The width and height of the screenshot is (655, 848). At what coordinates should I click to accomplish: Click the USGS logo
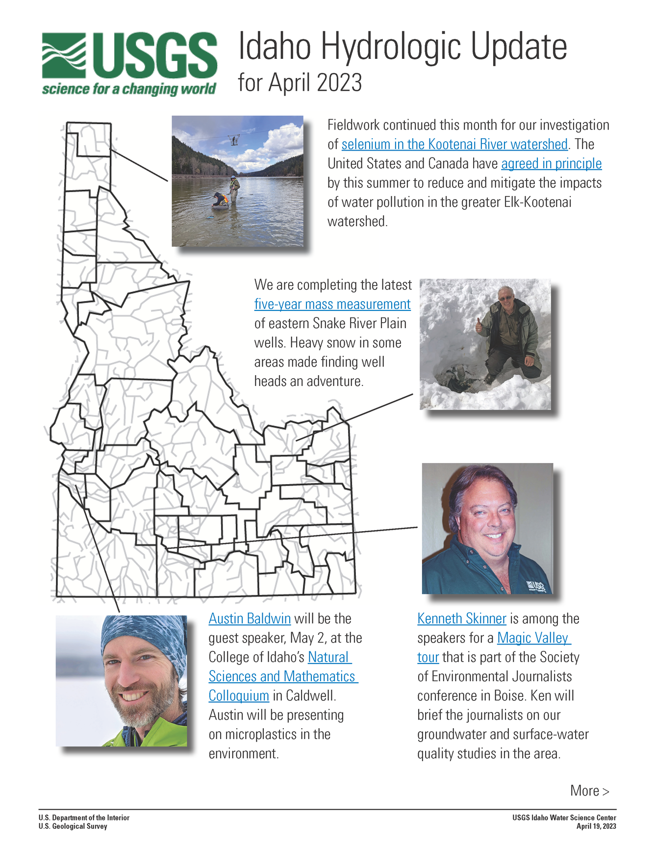click(x=129, y=62)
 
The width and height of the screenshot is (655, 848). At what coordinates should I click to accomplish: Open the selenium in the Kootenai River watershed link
click(x=454, y=144)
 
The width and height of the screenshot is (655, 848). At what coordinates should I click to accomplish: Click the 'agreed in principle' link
click(x=551, y=163)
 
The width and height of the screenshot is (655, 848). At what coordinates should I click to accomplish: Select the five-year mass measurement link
click(x=332, y=304)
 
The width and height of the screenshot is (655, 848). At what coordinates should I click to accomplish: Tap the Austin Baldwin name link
click(x=250, y=618)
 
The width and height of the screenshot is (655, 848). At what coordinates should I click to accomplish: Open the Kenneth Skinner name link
click(x=461, y=618)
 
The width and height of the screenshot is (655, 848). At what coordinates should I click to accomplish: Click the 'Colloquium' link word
click(x=239, y=695)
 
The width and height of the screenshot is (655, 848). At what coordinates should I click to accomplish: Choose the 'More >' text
click(x=589, y=791)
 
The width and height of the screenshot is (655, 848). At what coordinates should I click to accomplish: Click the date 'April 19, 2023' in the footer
click(x=596, y=826)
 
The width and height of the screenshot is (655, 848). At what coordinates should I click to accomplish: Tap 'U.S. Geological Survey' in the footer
click(x=73, y=826)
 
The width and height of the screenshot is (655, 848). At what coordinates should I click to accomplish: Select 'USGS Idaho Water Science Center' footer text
click(x=564, y=818)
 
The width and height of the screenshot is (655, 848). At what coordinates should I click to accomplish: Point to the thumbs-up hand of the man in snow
click(x=479, y=324)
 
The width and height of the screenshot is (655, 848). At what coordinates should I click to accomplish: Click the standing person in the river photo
click(x=234, y=189)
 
